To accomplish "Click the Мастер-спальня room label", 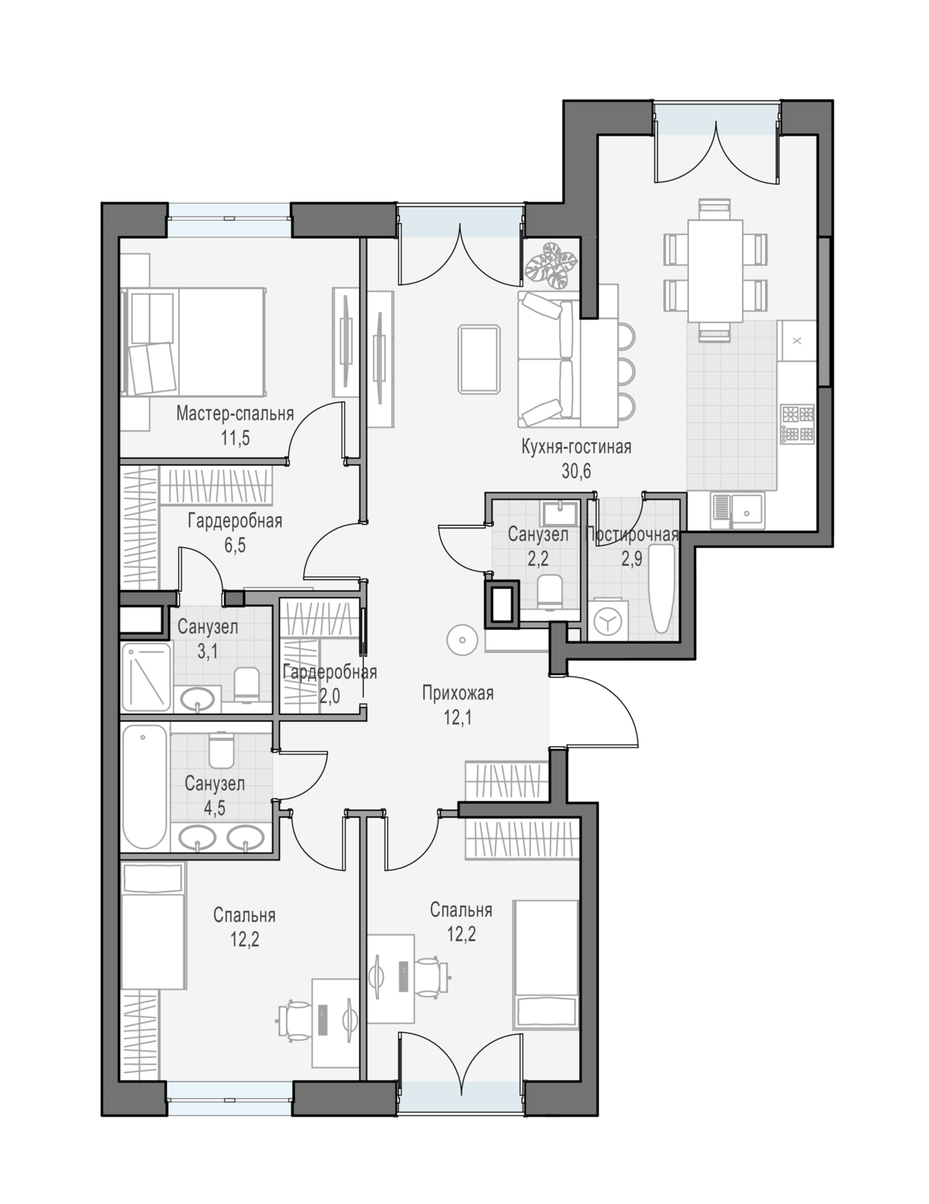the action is pos(234,413).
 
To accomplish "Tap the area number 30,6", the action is pos(577,471).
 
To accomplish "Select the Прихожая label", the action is pos(458,694).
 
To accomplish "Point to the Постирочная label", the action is pos(632,535).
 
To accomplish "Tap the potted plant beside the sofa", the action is pos(551,265).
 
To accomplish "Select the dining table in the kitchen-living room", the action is pos(715,270).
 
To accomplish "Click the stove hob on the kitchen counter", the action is pos(797,425).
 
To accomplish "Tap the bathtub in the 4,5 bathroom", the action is pos(145,787).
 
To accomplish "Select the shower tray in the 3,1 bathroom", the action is pos(146,677).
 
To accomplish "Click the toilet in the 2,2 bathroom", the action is pos(550,592).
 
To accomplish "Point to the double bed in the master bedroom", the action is pos(194,341).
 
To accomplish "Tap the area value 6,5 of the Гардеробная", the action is pos(234,545).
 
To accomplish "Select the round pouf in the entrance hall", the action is pos(462,640).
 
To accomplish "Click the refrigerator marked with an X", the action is pos(797,341).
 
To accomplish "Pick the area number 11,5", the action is pos(235,438).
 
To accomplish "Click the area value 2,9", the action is pos(632,559).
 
